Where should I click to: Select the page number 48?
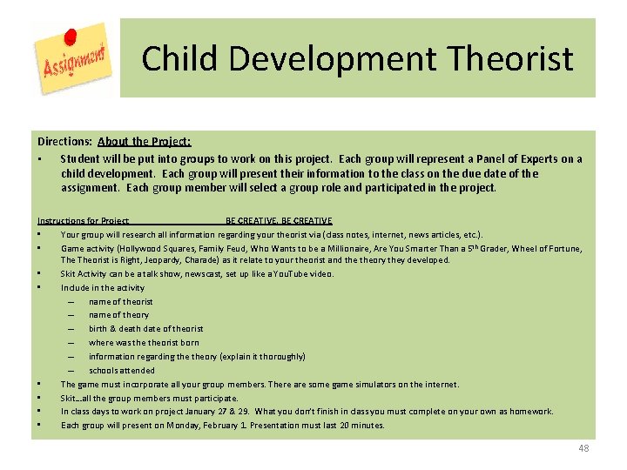[583, 448]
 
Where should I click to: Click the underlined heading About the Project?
[145, 141]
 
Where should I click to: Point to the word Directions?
[64, 141]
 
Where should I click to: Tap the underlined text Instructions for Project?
[83, 221]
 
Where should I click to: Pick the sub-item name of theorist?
[120, 301]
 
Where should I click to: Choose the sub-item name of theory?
[118, 315]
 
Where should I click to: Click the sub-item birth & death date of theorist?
[145, 329]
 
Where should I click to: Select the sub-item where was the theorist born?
[144, 343]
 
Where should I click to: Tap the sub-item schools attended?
[121, 371]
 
